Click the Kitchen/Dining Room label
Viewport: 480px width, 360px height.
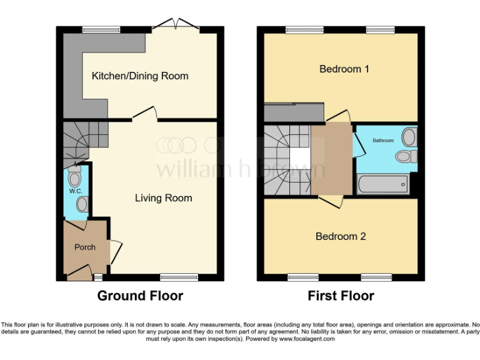coord(140,76)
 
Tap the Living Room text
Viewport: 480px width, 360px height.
coord(163,198)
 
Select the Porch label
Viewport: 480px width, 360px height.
coord(85,247)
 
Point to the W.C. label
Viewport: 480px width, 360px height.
coord(75,191)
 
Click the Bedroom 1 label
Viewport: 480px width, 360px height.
coord(344,69)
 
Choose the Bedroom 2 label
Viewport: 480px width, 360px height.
coord(340,236)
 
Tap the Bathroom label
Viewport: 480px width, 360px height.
coord(383,141)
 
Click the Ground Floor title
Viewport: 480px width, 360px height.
coord(140,296)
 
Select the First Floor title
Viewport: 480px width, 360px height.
coord(341,296)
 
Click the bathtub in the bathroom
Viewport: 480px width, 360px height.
coord(382,184)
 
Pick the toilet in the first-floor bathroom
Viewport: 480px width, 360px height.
coord(406,156)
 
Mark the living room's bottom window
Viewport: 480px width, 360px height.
coord(179,277)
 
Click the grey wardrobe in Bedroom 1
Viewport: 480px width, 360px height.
coord(294,113)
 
